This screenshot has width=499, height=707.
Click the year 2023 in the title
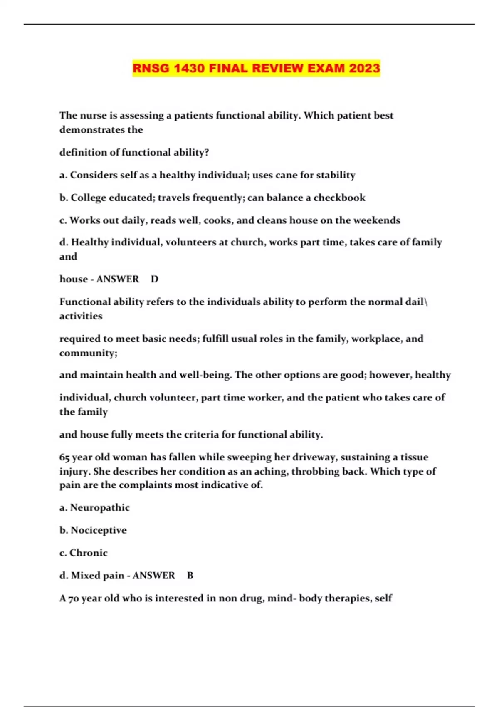point(364,68)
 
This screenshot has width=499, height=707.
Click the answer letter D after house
point(155,279)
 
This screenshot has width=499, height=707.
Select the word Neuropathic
point(100,507)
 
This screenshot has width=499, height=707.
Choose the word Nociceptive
point(99,530)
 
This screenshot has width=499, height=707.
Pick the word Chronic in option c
point(88,553)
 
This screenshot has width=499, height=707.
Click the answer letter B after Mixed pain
point(190,576)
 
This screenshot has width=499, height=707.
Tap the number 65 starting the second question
point(64,457)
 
